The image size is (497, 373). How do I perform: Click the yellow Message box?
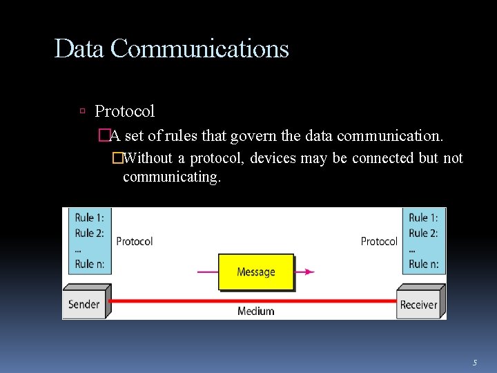256,272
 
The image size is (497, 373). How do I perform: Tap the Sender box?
84,304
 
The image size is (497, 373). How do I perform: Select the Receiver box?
418,304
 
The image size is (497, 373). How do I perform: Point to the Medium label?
256,312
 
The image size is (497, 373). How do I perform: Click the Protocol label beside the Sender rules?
135,241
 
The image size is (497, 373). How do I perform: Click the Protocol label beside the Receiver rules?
379,241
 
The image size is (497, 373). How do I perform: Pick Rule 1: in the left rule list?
89,218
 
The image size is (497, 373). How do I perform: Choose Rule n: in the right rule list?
423,263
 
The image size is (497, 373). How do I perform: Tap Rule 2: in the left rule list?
89,233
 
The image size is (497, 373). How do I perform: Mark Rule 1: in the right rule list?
423,218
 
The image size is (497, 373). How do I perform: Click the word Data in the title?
79,49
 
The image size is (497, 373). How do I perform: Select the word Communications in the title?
199,49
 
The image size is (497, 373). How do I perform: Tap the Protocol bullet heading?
124,111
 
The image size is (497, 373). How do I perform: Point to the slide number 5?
475,362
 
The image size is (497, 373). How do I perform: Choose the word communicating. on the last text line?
172,177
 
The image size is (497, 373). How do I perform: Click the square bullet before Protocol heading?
82,111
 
